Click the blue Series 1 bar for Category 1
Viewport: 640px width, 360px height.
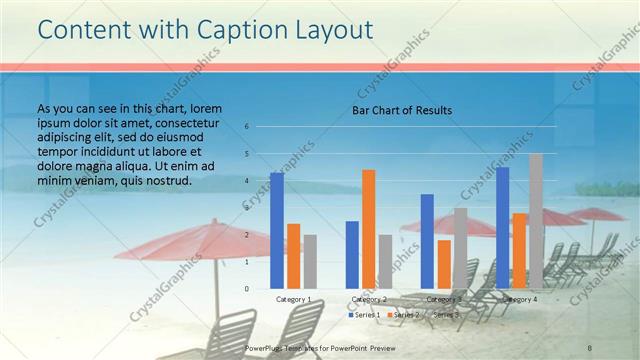point(277,230)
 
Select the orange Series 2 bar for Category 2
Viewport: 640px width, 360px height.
point(369,229)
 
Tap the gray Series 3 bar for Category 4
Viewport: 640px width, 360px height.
point(536,221)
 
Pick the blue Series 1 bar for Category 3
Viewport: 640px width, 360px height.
point(427,241)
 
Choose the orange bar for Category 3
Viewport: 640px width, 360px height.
point(444,264)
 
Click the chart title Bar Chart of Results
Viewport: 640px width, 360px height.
point(402,110)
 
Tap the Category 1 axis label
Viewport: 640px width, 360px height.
point(293,299)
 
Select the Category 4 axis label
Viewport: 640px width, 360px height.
point(520,299)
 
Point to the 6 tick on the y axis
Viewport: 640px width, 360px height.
point(246,127)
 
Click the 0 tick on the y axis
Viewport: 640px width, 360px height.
point(246,289)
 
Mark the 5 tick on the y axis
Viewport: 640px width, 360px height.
point(246,154)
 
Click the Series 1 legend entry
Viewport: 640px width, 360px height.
point(364,315)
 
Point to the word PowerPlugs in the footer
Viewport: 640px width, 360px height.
point(265,347)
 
